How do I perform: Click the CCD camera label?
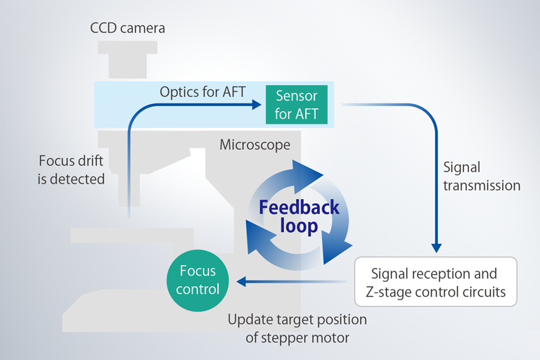[x=127, y=28]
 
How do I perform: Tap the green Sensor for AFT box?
[x=297, y=104]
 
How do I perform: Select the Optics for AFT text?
[x=202, y=92]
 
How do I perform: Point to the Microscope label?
[x=255, y=145]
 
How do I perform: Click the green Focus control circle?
[x=198, y=281]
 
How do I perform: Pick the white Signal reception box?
[x=436, y=281]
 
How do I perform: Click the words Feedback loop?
[x=299, y=217]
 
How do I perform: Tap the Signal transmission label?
[x=482, y=176]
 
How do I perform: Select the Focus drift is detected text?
[x=71, y=170]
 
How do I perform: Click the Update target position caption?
[x=297, y=328]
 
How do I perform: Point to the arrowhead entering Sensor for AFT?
[x=257, y=104]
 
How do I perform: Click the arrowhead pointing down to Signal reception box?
[x=437, y=248]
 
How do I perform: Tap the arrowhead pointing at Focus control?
[x=241, y=281]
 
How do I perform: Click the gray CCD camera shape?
[x=128, y=60]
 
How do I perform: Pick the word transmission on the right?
[x=482, y=186]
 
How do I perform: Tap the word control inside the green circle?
[x=198, y=289]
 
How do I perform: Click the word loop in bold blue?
[x=299, y=226]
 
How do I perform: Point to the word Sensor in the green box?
[x=297, y=96]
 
